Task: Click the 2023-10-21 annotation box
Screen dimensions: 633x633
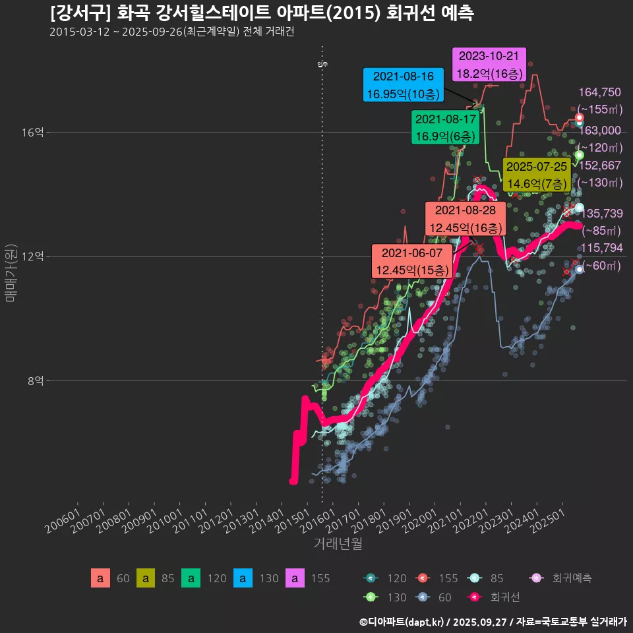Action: pyautogui.click(x=489, y=65)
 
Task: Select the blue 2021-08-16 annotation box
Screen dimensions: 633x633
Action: pyautogui.click(x=403, y=85)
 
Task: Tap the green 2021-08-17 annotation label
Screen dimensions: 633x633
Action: pyautogui.click(x=445, y=128)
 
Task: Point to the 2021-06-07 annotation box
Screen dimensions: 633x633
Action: pyautogui.click(x=411, y=261)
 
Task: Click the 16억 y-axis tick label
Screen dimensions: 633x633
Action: pyautogui.click(x=33, y=133)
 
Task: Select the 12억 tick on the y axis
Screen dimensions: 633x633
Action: pyautogui.click(x=33, y=256)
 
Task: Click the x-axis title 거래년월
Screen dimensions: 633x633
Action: pyautogui.click(x=338, y=544)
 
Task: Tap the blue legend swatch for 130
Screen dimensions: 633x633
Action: pyautogui.click(x=243, y=578)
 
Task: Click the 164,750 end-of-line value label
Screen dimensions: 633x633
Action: pyautogui.click(x=599, y=92)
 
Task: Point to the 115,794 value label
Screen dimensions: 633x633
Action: pyautogui.click(x=599, y=248)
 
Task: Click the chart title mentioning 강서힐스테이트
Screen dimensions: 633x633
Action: pyautogui.click(x=261, y=13)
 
